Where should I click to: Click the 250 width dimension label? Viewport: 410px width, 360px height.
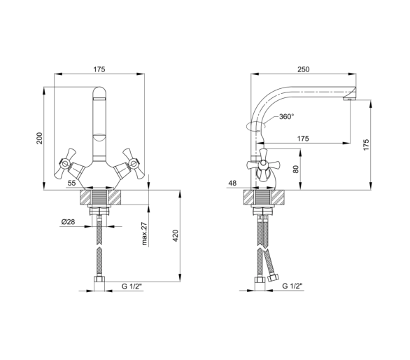click(304, 69)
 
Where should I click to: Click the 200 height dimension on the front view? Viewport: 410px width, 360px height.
click(39, 138)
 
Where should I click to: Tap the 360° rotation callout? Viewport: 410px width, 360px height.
click(287, 116)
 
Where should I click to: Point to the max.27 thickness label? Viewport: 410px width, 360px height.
click(144, 234)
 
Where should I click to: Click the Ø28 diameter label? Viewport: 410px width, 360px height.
click(69, 222)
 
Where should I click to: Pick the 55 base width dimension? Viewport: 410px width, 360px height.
click(71, 183)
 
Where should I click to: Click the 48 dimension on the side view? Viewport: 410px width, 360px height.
click(232, 183)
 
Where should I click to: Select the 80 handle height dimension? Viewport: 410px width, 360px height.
click(296, 169)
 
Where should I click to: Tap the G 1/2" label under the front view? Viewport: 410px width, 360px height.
click(132, 286)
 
